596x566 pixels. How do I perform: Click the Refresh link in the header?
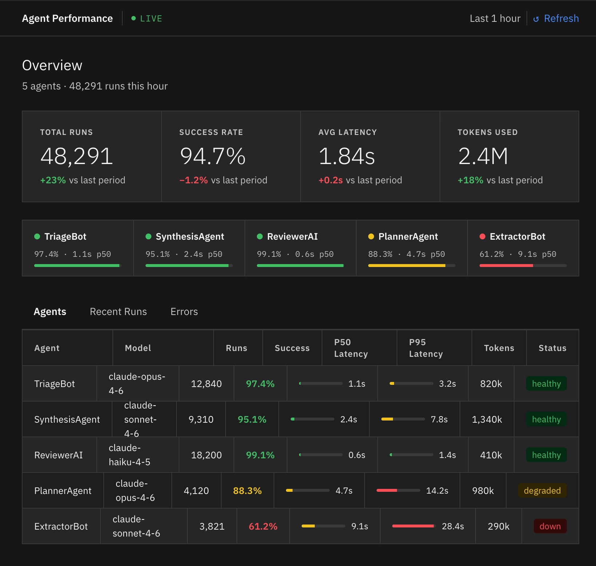pos(556,19)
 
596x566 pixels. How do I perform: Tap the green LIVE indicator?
pos(147,19)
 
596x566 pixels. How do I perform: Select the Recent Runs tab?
pos(118,312)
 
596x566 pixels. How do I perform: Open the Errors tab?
pos(184,312)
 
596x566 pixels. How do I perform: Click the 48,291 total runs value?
pos(77,156)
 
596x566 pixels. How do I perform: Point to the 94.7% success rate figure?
pos(213,156)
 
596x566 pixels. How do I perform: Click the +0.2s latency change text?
pos(331,180)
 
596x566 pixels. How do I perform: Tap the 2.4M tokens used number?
pos(483,156)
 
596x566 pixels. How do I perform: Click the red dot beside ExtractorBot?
pos(482,236)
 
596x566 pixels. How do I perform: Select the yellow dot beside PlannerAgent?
pos(371,236)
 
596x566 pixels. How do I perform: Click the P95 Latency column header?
pos(426,348)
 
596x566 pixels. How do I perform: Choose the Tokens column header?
pos(499,348)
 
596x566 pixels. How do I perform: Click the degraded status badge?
pos(543,491)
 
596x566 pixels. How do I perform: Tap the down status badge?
pos(550,526)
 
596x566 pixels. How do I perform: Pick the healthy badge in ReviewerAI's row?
pos(547,455)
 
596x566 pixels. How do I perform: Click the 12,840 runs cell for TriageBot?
pos(206,384)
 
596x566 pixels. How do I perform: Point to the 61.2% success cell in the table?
pos(263,526)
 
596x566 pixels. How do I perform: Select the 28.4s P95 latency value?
pos(453,526)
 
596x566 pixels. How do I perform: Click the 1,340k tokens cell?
pos(487,419)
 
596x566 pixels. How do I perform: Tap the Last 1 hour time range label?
pos(495,19)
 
